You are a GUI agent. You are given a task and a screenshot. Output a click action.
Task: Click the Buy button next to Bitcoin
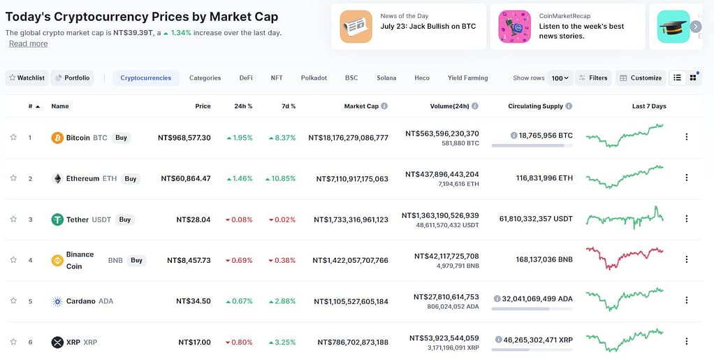click(x=121, y=138)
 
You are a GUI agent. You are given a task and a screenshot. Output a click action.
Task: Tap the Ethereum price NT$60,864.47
click(x=186, y=178)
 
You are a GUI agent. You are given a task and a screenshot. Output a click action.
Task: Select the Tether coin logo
click(x=57, y=219)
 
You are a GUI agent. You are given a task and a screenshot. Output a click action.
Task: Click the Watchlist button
click(x=27, y=78)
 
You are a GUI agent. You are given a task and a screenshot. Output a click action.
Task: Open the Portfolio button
click(x=73, y=78)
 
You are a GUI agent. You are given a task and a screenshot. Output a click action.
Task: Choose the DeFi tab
click(x=246, y=78)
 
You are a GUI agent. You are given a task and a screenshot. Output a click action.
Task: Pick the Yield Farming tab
click(x=467, y=78)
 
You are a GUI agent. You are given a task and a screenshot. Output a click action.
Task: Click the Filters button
click(x=593, y=78)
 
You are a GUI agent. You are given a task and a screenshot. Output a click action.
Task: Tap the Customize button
click(x=640, y=78)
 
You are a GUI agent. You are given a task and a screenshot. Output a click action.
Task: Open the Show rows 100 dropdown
click(x=560, y=78)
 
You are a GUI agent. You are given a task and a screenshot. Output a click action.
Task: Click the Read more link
click(x=29, y=43)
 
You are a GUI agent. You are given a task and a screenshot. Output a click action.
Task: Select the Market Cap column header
click(x=361, y=106)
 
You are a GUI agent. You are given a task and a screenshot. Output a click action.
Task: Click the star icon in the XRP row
click(x=13, y=342)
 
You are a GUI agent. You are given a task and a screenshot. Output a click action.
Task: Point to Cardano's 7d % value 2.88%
click(x=282, y=301)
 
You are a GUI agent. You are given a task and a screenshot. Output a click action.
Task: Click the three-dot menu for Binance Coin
click(x=686, y=259)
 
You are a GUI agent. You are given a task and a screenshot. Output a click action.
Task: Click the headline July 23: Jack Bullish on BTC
click(x=428, y=27)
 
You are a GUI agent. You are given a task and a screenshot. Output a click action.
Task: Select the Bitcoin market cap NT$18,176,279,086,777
click(x=348, y=138)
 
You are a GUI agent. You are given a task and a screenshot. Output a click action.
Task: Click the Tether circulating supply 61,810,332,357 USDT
click(x=536, y=219)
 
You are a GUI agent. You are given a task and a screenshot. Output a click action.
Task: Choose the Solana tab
click(x=386, y=78)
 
